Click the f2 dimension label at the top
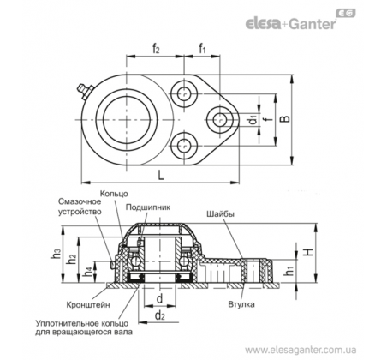pyautogui.click(x=156, y=49)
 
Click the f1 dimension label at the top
pyautogui.click(x=202, y=49)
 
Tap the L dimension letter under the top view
pyautogui.click(x=161, y=175)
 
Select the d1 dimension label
pyautogui.click(x=253, y=120)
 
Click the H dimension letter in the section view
pyautogui.click(x=308, y=252)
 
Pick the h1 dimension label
pyautogui.click(x=290, y=271)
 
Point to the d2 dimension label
pyautogui.click(x=160, y=315)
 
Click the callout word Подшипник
pyautogui.click(x=148, y=207)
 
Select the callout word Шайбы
pyautogui.click(x=220, y=213)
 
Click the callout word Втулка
pyautogui.click(x=241, y=304)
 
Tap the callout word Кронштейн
pyautogui.click(x=88, y=304)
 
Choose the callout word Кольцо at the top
pyautogui.click(x=114, y=194)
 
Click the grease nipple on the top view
pyautogui.click(x=83, y=91)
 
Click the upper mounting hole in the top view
pyautogui.click(x=184, y=93)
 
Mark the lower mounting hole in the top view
pyautogui.click(x=184, y=146)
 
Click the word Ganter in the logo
pyautogui.click(x=313, y=24)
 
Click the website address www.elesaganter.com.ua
pyautogui.click(x=301, y=350)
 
